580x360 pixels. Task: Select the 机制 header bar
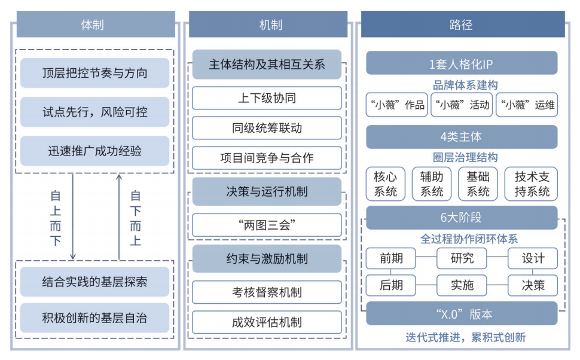click(268, 25)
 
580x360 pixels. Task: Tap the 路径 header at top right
click(463, 25)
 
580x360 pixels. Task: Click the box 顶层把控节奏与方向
click(94, 73)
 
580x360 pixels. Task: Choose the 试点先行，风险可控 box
click(94, 112)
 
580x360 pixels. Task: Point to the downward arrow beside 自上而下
click(73, 216)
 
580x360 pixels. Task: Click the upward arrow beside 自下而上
click(119, 216)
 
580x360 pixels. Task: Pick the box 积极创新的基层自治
click(94, 318)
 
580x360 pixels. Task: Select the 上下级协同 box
click(267, 98)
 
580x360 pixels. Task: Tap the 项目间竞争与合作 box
click(267, 158)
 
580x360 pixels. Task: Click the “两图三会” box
click(267, 225)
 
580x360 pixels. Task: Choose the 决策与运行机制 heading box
click(267, 191)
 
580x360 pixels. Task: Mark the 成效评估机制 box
click(267, 322)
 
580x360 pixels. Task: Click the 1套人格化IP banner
click(462, 63)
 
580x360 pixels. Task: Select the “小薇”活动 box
click(462, 105)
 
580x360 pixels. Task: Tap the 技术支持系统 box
click(531, 184)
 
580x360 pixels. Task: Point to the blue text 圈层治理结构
click(465, 157)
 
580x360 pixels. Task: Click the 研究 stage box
click(462, 258)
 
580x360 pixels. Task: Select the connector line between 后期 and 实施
click(426, 285)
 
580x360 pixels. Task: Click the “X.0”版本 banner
click(462, 314)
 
